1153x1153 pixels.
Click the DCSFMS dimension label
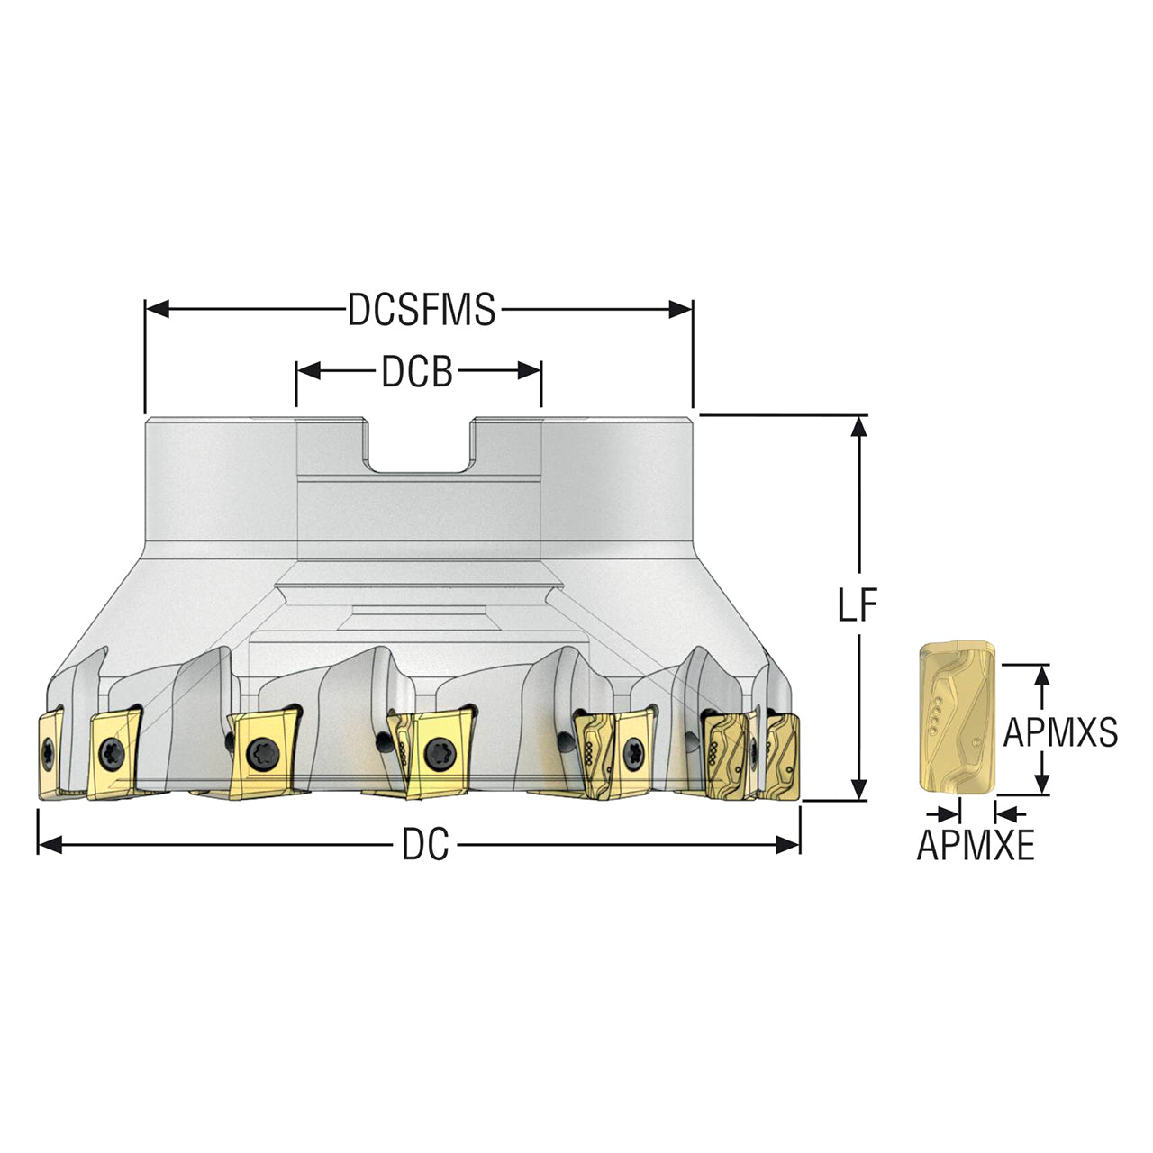[422, 309]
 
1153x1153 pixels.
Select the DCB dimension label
[417, 371]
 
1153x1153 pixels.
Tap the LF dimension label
[858, 604]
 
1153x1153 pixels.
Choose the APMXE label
[976, 845]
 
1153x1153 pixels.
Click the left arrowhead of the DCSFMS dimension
[158, 309]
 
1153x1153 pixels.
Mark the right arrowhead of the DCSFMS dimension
[680, 309]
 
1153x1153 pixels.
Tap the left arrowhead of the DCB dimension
[308, 371]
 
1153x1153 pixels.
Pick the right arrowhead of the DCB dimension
[530, 371]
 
